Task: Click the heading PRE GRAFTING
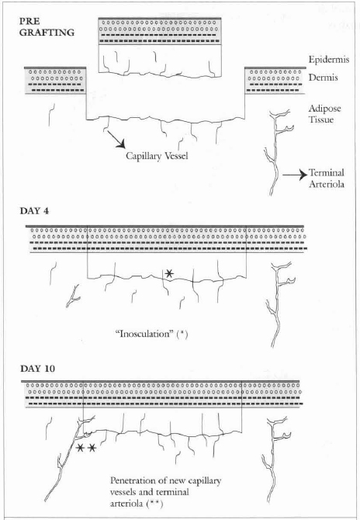pyautogui.click(x=47, y=27)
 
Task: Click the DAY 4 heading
pyautogui.click(x=34, y=211)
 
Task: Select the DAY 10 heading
pyautogui.click(x=37, y=369)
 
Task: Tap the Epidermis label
pyautogui.click(x=328, y=60)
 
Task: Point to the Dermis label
pyautogui.click(x=324, y=78)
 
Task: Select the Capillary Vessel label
pyautogui.click(x=157, y=156)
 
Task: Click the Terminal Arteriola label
pyautogui.click(x=327, y=178)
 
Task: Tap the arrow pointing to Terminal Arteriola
pyautogui.click(x=295, y=174)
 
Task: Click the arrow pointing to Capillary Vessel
pyautogui.click(x=116, y=139)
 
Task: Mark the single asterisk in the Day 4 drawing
pyautogui.click(x=169, y=274)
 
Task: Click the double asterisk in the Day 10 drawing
pyautogui.click(x=86, y=448)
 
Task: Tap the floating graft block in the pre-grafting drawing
pyautogui.click(x=160, y=48)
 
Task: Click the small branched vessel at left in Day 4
pyautogui.click(x=73, y=296)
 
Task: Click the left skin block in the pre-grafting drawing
pyautogui.click(x=55, y=81)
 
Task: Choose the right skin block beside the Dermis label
pyautogui.click(x=275, y=81)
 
